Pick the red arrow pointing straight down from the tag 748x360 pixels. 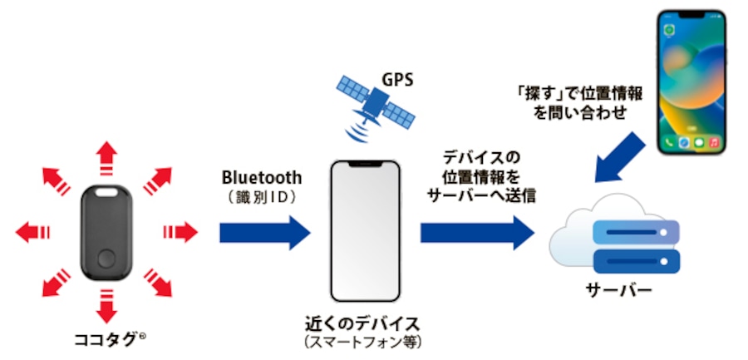pyautogui.click(x=106, y=307)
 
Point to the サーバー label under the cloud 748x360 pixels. pyautogui.click(x=619, y=292)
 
